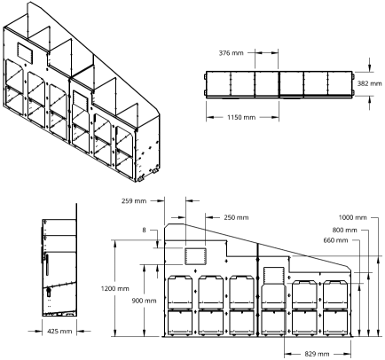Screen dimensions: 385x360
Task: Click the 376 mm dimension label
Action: pos(231,53)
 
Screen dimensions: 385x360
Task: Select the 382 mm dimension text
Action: pos(369,83)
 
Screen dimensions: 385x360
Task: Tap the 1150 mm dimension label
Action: pos(241,117)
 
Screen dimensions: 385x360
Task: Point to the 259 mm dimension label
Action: pos(134,201)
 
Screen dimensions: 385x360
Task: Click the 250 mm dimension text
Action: pos(236,217)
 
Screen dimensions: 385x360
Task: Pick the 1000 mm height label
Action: pos(352,217)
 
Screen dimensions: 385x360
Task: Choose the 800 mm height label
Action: pos(344,230)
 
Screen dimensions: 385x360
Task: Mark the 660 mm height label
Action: pos(335,240)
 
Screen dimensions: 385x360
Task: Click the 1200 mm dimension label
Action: pos(115,288)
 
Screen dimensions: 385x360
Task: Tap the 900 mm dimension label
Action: pos(144,301)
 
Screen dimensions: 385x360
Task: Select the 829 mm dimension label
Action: pos(317,354)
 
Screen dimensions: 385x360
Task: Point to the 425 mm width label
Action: pos(59,332)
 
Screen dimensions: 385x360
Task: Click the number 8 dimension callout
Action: pos(144,230)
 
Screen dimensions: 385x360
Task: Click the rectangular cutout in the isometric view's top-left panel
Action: pos(24,52)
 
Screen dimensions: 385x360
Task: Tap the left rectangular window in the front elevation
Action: pos(195,256)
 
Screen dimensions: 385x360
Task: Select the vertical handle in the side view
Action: pos(47,264)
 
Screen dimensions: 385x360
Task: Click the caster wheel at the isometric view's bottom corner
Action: pos(141,178)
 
